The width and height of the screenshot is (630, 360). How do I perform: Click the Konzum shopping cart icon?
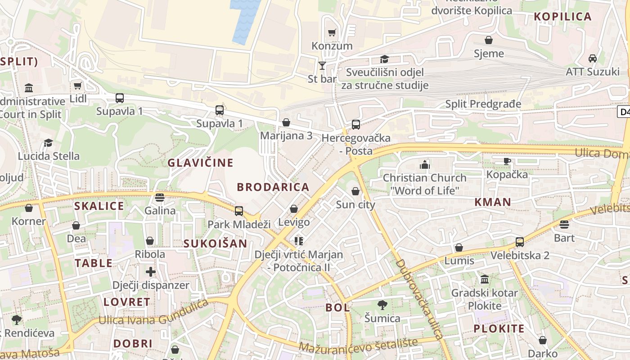(x=332, y=32)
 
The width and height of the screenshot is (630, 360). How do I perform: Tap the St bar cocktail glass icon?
(x=322, y=66)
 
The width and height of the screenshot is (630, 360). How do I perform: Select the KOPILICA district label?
(x=562, y=17)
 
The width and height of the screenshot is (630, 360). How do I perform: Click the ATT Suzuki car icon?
(x=593, y=58)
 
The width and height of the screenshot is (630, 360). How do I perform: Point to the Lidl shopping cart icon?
(x=78, y=85)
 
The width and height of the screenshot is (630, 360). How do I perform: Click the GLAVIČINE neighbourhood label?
(x=201, y=163)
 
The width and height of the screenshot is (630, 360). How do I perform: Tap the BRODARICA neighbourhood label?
(x=273, y=187)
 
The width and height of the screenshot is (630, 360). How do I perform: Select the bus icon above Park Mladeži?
(x=239, y=211)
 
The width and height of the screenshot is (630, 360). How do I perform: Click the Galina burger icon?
(x=160, y=197)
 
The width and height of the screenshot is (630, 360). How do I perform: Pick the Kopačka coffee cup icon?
(x=507, y=161)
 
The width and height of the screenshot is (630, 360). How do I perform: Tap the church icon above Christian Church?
(x=424, y=164)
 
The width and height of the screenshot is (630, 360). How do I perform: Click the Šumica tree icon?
(x=382, y=305)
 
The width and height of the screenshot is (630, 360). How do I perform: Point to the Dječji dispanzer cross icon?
(x=151, y=272)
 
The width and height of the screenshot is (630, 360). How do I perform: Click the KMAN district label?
(x=493, y=202)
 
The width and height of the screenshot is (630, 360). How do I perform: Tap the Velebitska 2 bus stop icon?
(x=520, y=242)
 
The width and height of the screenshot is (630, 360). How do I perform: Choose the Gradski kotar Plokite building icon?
(x=485, y=279)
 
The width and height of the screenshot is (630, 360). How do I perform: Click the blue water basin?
(x=245, y=20)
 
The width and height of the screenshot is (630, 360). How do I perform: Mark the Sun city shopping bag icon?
(x=355, y=191)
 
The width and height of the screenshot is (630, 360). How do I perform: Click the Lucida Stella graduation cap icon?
(x=48, y=143)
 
